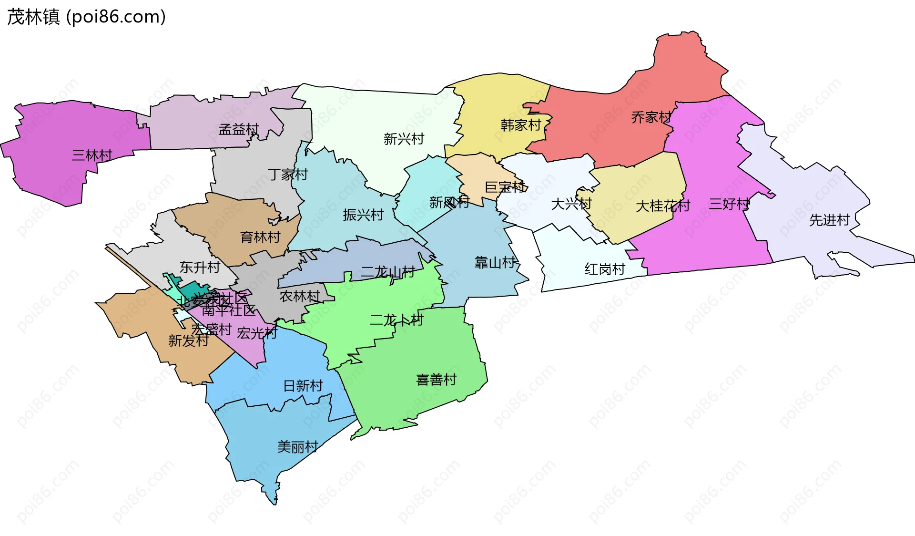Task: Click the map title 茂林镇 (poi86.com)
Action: (x=86, y=17)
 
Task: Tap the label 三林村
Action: (x=92, y=155)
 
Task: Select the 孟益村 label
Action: (x=238, y=129)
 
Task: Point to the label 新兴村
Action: (x=404, y=139)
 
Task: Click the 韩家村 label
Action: (x=521, y=125)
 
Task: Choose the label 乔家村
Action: (x=651, y=117)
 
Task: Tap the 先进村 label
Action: (x=829, y=220)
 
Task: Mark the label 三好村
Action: (x=729, y=204)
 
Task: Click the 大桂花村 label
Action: (x=663, y=206)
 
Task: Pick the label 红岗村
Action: (x=605, y=269)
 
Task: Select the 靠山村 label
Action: (x=495, y=262)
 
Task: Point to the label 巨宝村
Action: (x=505, y=187)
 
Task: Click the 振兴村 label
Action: (x=363, y=215)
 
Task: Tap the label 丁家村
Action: (x=288, y=175)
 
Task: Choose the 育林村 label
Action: (x=260, y=237)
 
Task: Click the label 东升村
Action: (x=200, y=268)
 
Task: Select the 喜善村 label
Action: (x=436, y=380)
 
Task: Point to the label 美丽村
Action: (x=298, y=447)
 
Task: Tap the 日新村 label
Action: (x=303, y=385)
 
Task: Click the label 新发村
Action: (x=188, y=340)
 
